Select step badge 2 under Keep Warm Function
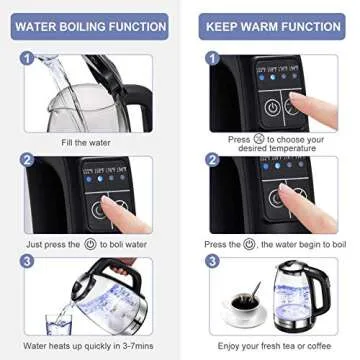pos(212,160)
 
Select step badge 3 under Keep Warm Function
pos(212,261)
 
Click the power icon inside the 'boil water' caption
pos(89,242)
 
